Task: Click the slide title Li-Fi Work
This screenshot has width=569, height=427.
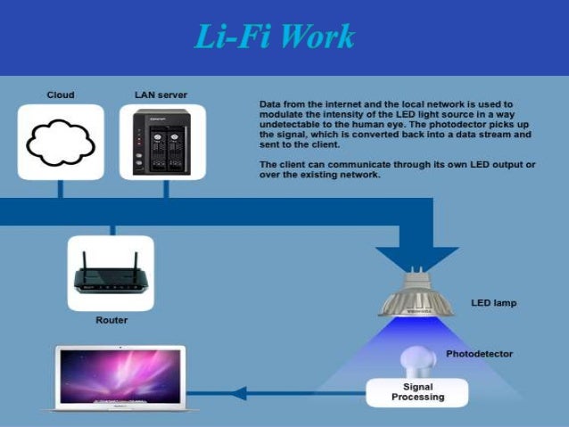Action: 275,37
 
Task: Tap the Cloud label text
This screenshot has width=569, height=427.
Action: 61,94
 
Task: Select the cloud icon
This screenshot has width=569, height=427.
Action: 61,142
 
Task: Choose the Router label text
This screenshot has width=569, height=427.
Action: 111,320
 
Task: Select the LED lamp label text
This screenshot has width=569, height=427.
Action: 493,303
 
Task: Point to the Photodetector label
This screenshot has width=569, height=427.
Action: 480,354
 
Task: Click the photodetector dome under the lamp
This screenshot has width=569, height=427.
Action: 416,361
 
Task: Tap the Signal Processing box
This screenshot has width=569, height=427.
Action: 417,392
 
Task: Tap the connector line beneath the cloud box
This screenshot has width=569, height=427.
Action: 61,189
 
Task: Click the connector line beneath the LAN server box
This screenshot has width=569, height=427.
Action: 162,189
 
